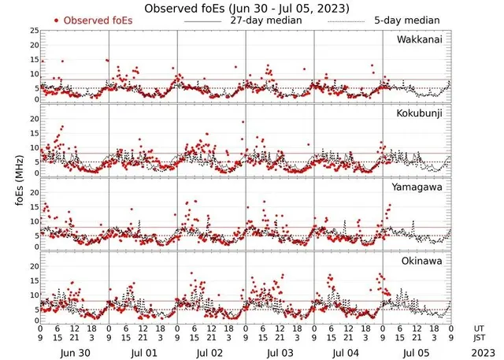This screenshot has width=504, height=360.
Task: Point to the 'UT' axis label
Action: [x=479, y=327]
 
